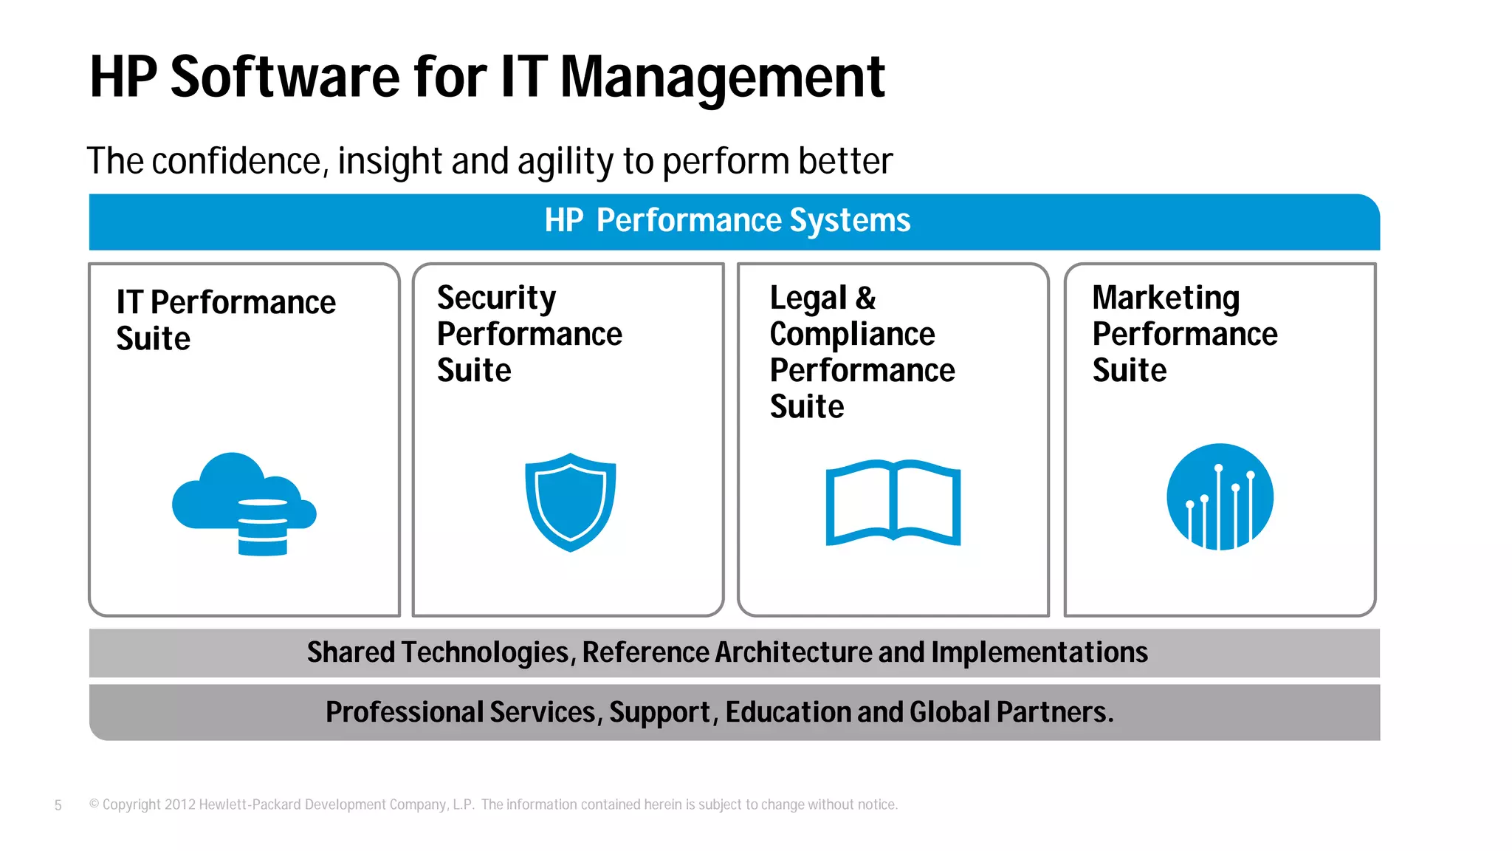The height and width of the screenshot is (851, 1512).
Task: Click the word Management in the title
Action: coord(722,77)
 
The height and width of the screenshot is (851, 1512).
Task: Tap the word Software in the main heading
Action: coord(284,77)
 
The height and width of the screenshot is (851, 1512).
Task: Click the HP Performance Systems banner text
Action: coord(727,220)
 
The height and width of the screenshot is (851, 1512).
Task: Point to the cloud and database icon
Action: coord(244,502)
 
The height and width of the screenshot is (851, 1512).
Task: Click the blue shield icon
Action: coord(570,502)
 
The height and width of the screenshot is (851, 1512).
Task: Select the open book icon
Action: coord(893,503)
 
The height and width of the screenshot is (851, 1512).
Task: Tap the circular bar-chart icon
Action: coord(1220,496)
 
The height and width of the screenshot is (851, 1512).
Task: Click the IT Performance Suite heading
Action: coord(225,320)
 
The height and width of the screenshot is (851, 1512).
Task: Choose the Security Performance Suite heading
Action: coord(529,334)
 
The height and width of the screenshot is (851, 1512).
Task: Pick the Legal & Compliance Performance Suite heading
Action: coord(862,352)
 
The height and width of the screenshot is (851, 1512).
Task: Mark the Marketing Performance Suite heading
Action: coord(1184,334)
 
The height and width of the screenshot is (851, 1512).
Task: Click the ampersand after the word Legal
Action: coord(866,298)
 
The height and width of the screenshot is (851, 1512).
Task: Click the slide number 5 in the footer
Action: coord(58,805)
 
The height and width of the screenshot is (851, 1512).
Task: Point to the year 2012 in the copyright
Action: coord(179,804)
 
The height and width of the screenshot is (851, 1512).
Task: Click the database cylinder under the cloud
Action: coord(263,527)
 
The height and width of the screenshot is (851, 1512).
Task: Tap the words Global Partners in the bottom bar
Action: coord(1011,712)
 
